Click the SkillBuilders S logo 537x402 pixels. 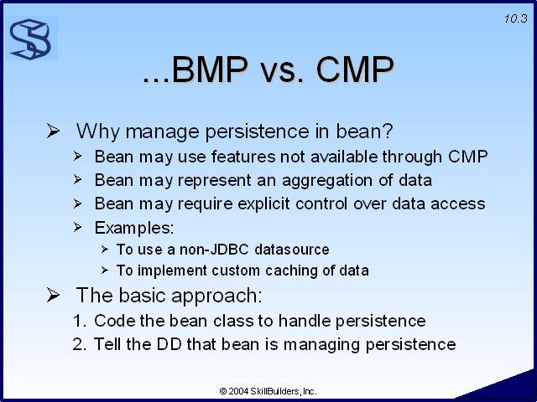pyautogui.click(x=30, y=39)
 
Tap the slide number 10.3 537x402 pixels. pyautogui.click(x=516, y=18)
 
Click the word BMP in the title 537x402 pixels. pyautogui.click(x=209, y=70)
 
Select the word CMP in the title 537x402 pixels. pyautogui.click(x=355, y=70)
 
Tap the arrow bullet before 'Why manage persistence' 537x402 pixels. pyautogui.click(x=54, y=131)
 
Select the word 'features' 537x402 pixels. pyautogui.click(x=243, y=157)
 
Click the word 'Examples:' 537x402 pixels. pyautogui.click(x=134, y=228)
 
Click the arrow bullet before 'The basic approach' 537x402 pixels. pyautogui.click(x=54, y=295)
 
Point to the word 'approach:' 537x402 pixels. pyautogui.click(x=216, y=296)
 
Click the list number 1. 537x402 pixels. pyautogui.click(x=78, y=321)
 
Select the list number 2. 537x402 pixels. pyautogui.click(x=78, y=344)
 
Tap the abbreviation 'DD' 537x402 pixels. pyautogui.click(x=169, y=344)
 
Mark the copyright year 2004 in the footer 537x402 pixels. pyautogui.click(x=238, y=391)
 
